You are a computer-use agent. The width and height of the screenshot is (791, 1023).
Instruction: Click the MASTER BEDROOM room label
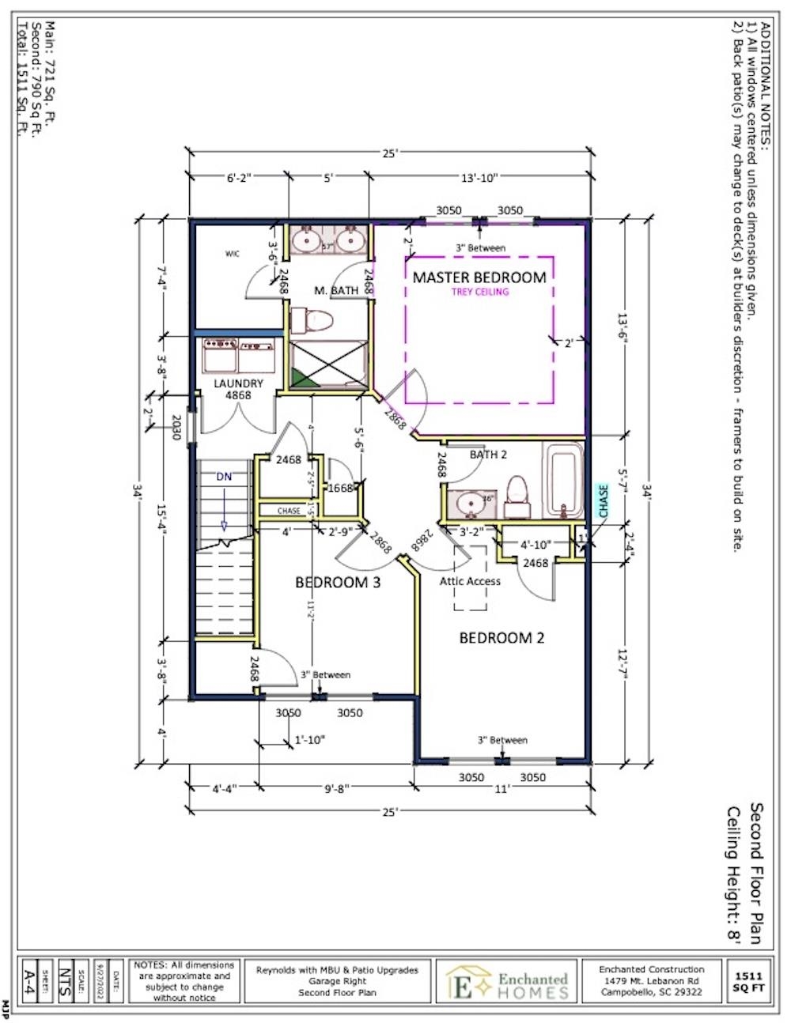click(x=479, y=277)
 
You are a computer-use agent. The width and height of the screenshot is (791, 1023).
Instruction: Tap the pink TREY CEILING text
click(x=479, y=292)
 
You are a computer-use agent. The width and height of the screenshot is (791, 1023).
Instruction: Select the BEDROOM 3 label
click(x=338, y=583)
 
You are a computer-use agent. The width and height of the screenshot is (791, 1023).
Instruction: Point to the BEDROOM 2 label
click(x=501, y=638)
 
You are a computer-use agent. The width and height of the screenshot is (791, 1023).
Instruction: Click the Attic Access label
click(x=470, y=581)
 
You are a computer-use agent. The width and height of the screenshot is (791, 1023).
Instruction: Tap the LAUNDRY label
click(x=238, y=383)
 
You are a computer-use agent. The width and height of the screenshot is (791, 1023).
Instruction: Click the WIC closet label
click(x=232, y=254)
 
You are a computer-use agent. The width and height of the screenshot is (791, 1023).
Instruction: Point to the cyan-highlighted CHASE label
click(x=604, y=501)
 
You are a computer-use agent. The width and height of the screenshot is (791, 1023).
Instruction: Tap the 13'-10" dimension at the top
click(x=478, y=179)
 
